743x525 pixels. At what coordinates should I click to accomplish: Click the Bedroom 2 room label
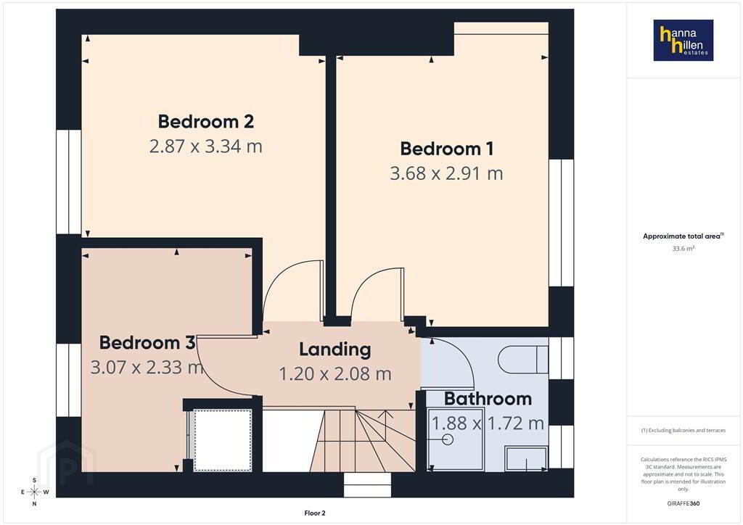tap(205, 122)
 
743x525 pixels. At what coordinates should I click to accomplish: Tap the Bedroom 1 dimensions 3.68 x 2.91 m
tap(446, 174)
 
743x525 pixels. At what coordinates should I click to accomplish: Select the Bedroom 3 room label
tap(147, 342)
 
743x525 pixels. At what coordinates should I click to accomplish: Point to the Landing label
tap(335, 350)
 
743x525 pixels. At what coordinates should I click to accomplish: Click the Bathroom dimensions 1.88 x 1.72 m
tap(488, 423)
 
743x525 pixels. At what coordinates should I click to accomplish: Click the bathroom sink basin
tap(526, 458)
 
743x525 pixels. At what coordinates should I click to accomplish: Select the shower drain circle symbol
tap(448, 439)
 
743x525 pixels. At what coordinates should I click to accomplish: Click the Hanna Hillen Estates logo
tap(684, 40)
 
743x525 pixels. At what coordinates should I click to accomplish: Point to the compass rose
tap(34, 492)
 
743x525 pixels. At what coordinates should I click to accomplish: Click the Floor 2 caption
tap(315, 513)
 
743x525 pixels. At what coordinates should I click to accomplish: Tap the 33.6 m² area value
tap(684, 249)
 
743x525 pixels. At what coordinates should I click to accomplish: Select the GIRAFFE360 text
tap(684, 503)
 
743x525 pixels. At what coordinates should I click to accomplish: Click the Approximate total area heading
tap(683, 236)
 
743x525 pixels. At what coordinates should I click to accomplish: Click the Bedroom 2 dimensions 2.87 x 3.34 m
tap(205, 146)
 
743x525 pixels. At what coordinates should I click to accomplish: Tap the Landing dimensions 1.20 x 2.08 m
tap(335, 374)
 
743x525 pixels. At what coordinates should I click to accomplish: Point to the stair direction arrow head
tap(388, 413)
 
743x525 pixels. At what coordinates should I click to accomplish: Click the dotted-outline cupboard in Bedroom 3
tap(223, 440)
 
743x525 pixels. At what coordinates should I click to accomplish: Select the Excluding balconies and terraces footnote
tap(684, 430)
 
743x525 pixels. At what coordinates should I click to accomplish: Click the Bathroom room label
tap(488, 399)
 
